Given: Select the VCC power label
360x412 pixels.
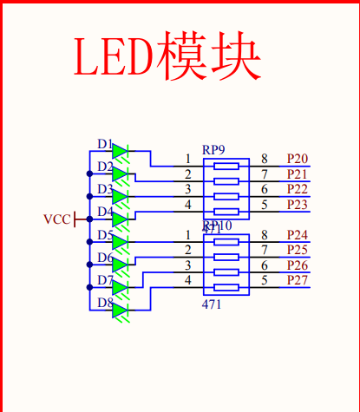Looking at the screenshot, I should pyautogui.click(x=57, y=219).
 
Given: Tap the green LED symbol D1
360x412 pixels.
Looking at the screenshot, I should pyautogui.click(x=121, y=153).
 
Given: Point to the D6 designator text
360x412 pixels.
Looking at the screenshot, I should pyautogui.click(x=104, y=258).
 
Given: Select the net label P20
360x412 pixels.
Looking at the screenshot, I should pyautogui.click(x=297, y=159).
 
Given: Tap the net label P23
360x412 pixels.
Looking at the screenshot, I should pyautogui.click(x=297, y=205).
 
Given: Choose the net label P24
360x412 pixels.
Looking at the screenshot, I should pyautogui.click(x=297, y=235).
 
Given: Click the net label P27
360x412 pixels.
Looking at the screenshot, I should pyautogui.click(x=297, y=280).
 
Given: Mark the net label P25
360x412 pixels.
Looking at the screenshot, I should pyautogui.click(x=297, y=250).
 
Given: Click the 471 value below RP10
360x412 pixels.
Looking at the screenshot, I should pyautogui.click(x=212, y=304).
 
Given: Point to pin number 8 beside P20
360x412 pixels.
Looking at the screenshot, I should pyautogui.click(x=264, y=159).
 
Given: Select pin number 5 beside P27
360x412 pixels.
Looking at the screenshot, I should pyautogui.click(x=264, y=280).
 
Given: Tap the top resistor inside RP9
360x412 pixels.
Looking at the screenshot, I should pyautogui.click(x=226, y=166).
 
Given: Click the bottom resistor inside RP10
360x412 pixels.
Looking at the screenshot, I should pyautogui.click(x=226, y=287).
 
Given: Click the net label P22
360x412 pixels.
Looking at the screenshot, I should pyautogui.click(x=297, y=189).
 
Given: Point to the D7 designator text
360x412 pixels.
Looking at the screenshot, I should pyautogui.click(x=104, y=280).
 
